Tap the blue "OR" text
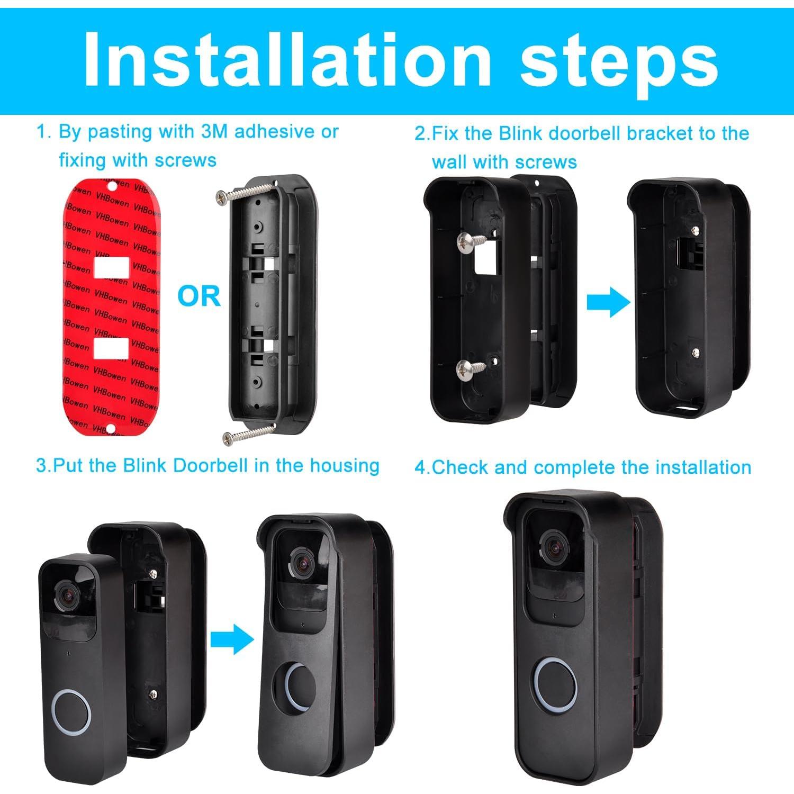(x=198, y=296)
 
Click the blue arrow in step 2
(x=608, y=303)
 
